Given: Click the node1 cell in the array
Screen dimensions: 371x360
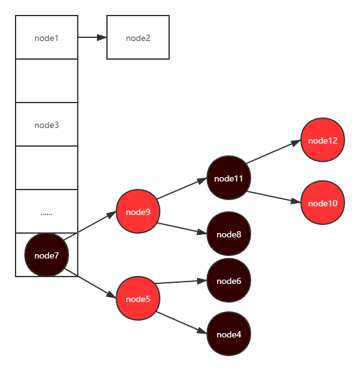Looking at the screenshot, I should (x=46, y=38).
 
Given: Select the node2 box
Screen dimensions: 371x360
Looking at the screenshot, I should (x=138, y=38).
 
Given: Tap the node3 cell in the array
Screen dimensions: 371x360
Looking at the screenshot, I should (x=46, y=125).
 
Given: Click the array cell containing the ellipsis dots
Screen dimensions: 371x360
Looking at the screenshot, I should (x=46, y=212).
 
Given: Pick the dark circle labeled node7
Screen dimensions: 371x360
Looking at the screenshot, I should (x=46, y=255).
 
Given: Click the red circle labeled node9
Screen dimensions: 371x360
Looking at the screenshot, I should (x=138, y=212).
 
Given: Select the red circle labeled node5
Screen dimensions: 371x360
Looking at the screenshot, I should (x=138, y=299).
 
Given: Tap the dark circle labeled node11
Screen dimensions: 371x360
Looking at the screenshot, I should (x=228, y=178).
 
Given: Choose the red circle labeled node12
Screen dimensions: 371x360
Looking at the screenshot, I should (x=322, y=140).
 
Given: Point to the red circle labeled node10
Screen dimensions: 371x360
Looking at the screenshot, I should (x=322, y=203).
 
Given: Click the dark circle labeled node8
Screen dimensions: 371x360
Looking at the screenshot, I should (x=228, y=234).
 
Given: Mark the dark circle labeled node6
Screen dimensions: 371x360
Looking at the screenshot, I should (x=228, y=281).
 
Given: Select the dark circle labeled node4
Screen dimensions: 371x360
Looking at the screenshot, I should (x=228, y=334).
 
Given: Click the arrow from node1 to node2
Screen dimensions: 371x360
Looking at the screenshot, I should (x=92, y=37).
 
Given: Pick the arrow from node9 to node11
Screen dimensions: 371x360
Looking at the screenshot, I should (x=182, y=190).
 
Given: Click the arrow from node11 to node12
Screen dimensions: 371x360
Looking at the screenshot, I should (x=274, y=153).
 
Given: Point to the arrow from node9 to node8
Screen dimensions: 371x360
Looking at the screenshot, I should (x=182, y=228).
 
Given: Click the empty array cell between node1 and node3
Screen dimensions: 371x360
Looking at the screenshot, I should (x=46, y=81).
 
